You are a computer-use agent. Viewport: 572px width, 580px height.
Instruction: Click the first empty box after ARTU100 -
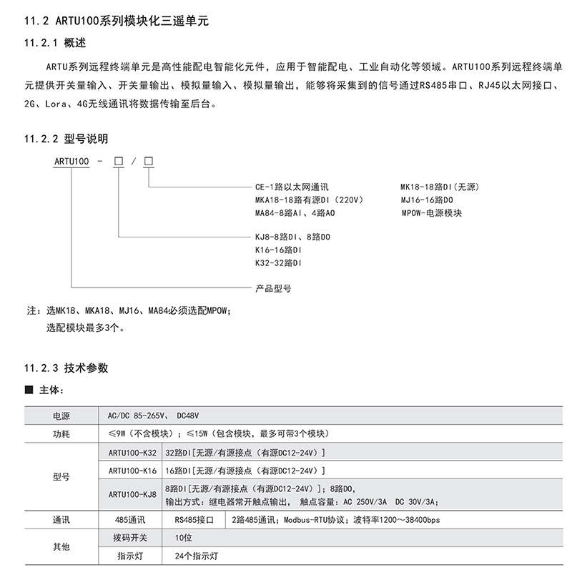(119, 162)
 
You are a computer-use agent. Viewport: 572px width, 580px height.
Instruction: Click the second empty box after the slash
(149, 162)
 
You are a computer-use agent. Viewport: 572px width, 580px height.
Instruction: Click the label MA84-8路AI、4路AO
(295, 213)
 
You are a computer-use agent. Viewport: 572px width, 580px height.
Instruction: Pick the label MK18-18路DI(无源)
(439, 187)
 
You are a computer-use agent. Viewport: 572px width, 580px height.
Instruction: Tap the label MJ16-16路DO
(427, 200)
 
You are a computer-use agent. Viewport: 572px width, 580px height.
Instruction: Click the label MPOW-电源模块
(431, 213)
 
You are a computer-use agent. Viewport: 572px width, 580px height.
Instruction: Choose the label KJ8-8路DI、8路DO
(294, 237)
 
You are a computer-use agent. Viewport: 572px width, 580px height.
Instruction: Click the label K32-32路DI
(279, 263)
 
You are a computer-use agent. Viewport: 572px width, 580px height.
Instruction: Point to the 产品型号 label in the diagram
(273, 288)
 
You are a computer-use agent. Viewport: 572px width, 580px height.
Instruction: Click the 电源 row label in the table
(61, 416)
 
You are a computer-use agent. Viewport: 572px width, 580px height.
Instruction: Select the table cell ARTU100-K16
(132, 471)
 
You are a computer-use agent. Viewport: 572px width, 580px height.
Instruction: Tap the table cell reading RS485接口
(194, 521)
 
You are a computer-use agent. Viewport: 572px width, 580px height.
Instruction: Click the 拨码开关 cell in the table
(131, 536)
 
